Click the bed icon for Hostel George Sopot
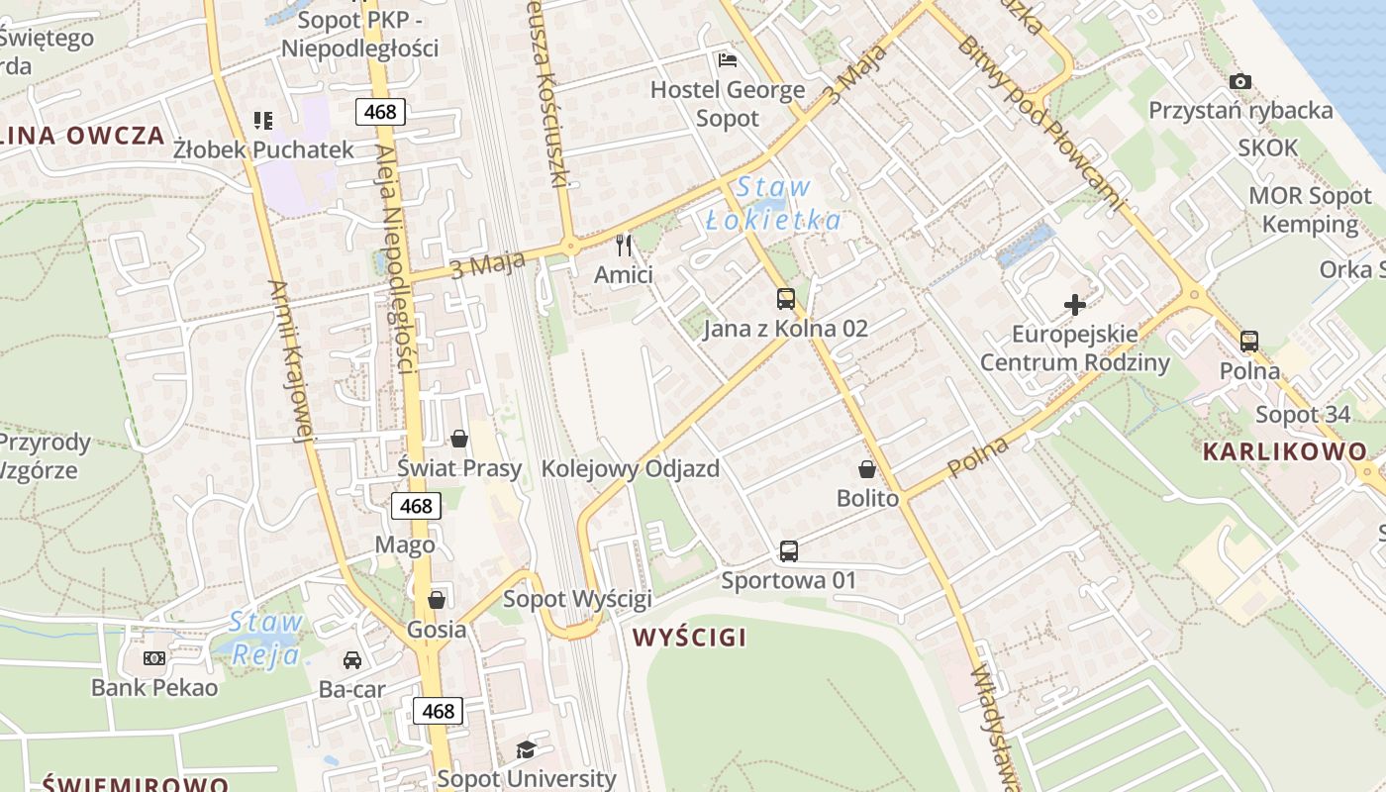point(728,60)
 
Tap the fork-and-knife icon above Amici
point(624,244)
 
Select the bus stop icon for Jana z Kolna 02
point(786,298)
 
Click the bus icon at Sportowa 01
point(789,550)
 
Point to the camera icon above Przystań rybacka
point(1239,81)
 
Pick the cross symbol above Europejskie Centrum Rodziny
point(1074,305)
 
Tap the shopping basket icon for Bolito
point(867,469)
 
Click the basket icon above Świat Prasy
point(459,438)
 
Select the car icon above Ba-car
point(351,660)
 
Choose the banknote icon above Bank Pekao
point(154,657)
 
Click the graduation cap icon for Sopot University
point(526,750)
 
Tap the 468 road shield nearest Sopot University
point(438,710)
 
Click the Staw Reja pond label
point(265,639)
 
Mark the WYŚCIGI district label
point(690,637)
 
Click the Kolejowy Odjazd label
point(630,468)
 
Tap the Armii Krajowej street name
point(290,360)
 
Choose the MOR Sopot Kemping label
point(1309,210)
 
